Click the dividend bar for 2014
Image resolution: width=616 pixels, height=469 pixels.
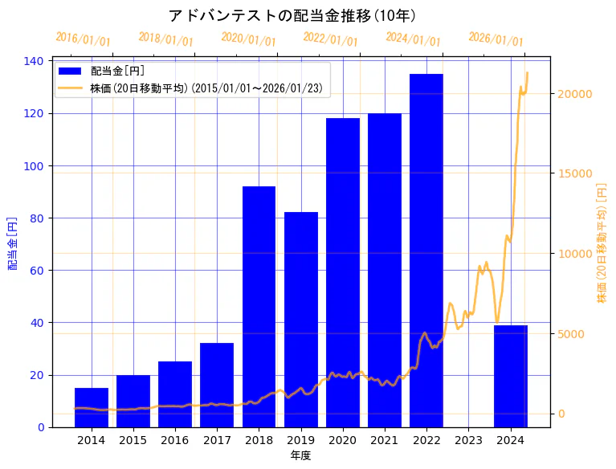[x=92, y=407]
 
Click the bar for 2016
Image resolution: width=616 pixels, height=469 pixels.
[x=175, y=394]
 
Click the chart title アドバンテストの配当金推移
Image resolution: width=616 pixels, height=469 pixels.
[x=292, y=15]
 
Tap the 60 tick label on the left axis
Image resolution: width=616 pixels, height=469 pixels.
[x=39, y=271]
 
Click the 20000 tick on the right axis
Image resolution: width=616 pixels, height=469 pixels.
[x=574, y=94]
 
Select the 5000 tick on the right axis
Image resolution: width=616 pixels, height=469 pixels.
[x=571, y=334]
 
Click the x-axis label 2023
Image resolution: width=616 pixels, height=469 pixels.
[x=468, y=440]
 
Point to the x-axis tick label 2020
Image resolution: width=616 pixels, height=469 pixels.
[x=342, y=440]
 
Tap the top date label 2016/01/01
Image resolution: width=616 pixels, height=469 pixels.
[x=84, y=39]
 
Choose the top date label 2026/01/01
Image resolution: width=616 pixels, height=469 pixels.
[x=496, y=39]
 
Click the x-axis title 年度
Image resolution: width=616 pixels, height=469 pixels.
[x=300, y=455]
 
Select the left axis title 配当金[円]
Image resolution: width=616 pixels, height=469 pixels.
[x=13, y=243]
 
